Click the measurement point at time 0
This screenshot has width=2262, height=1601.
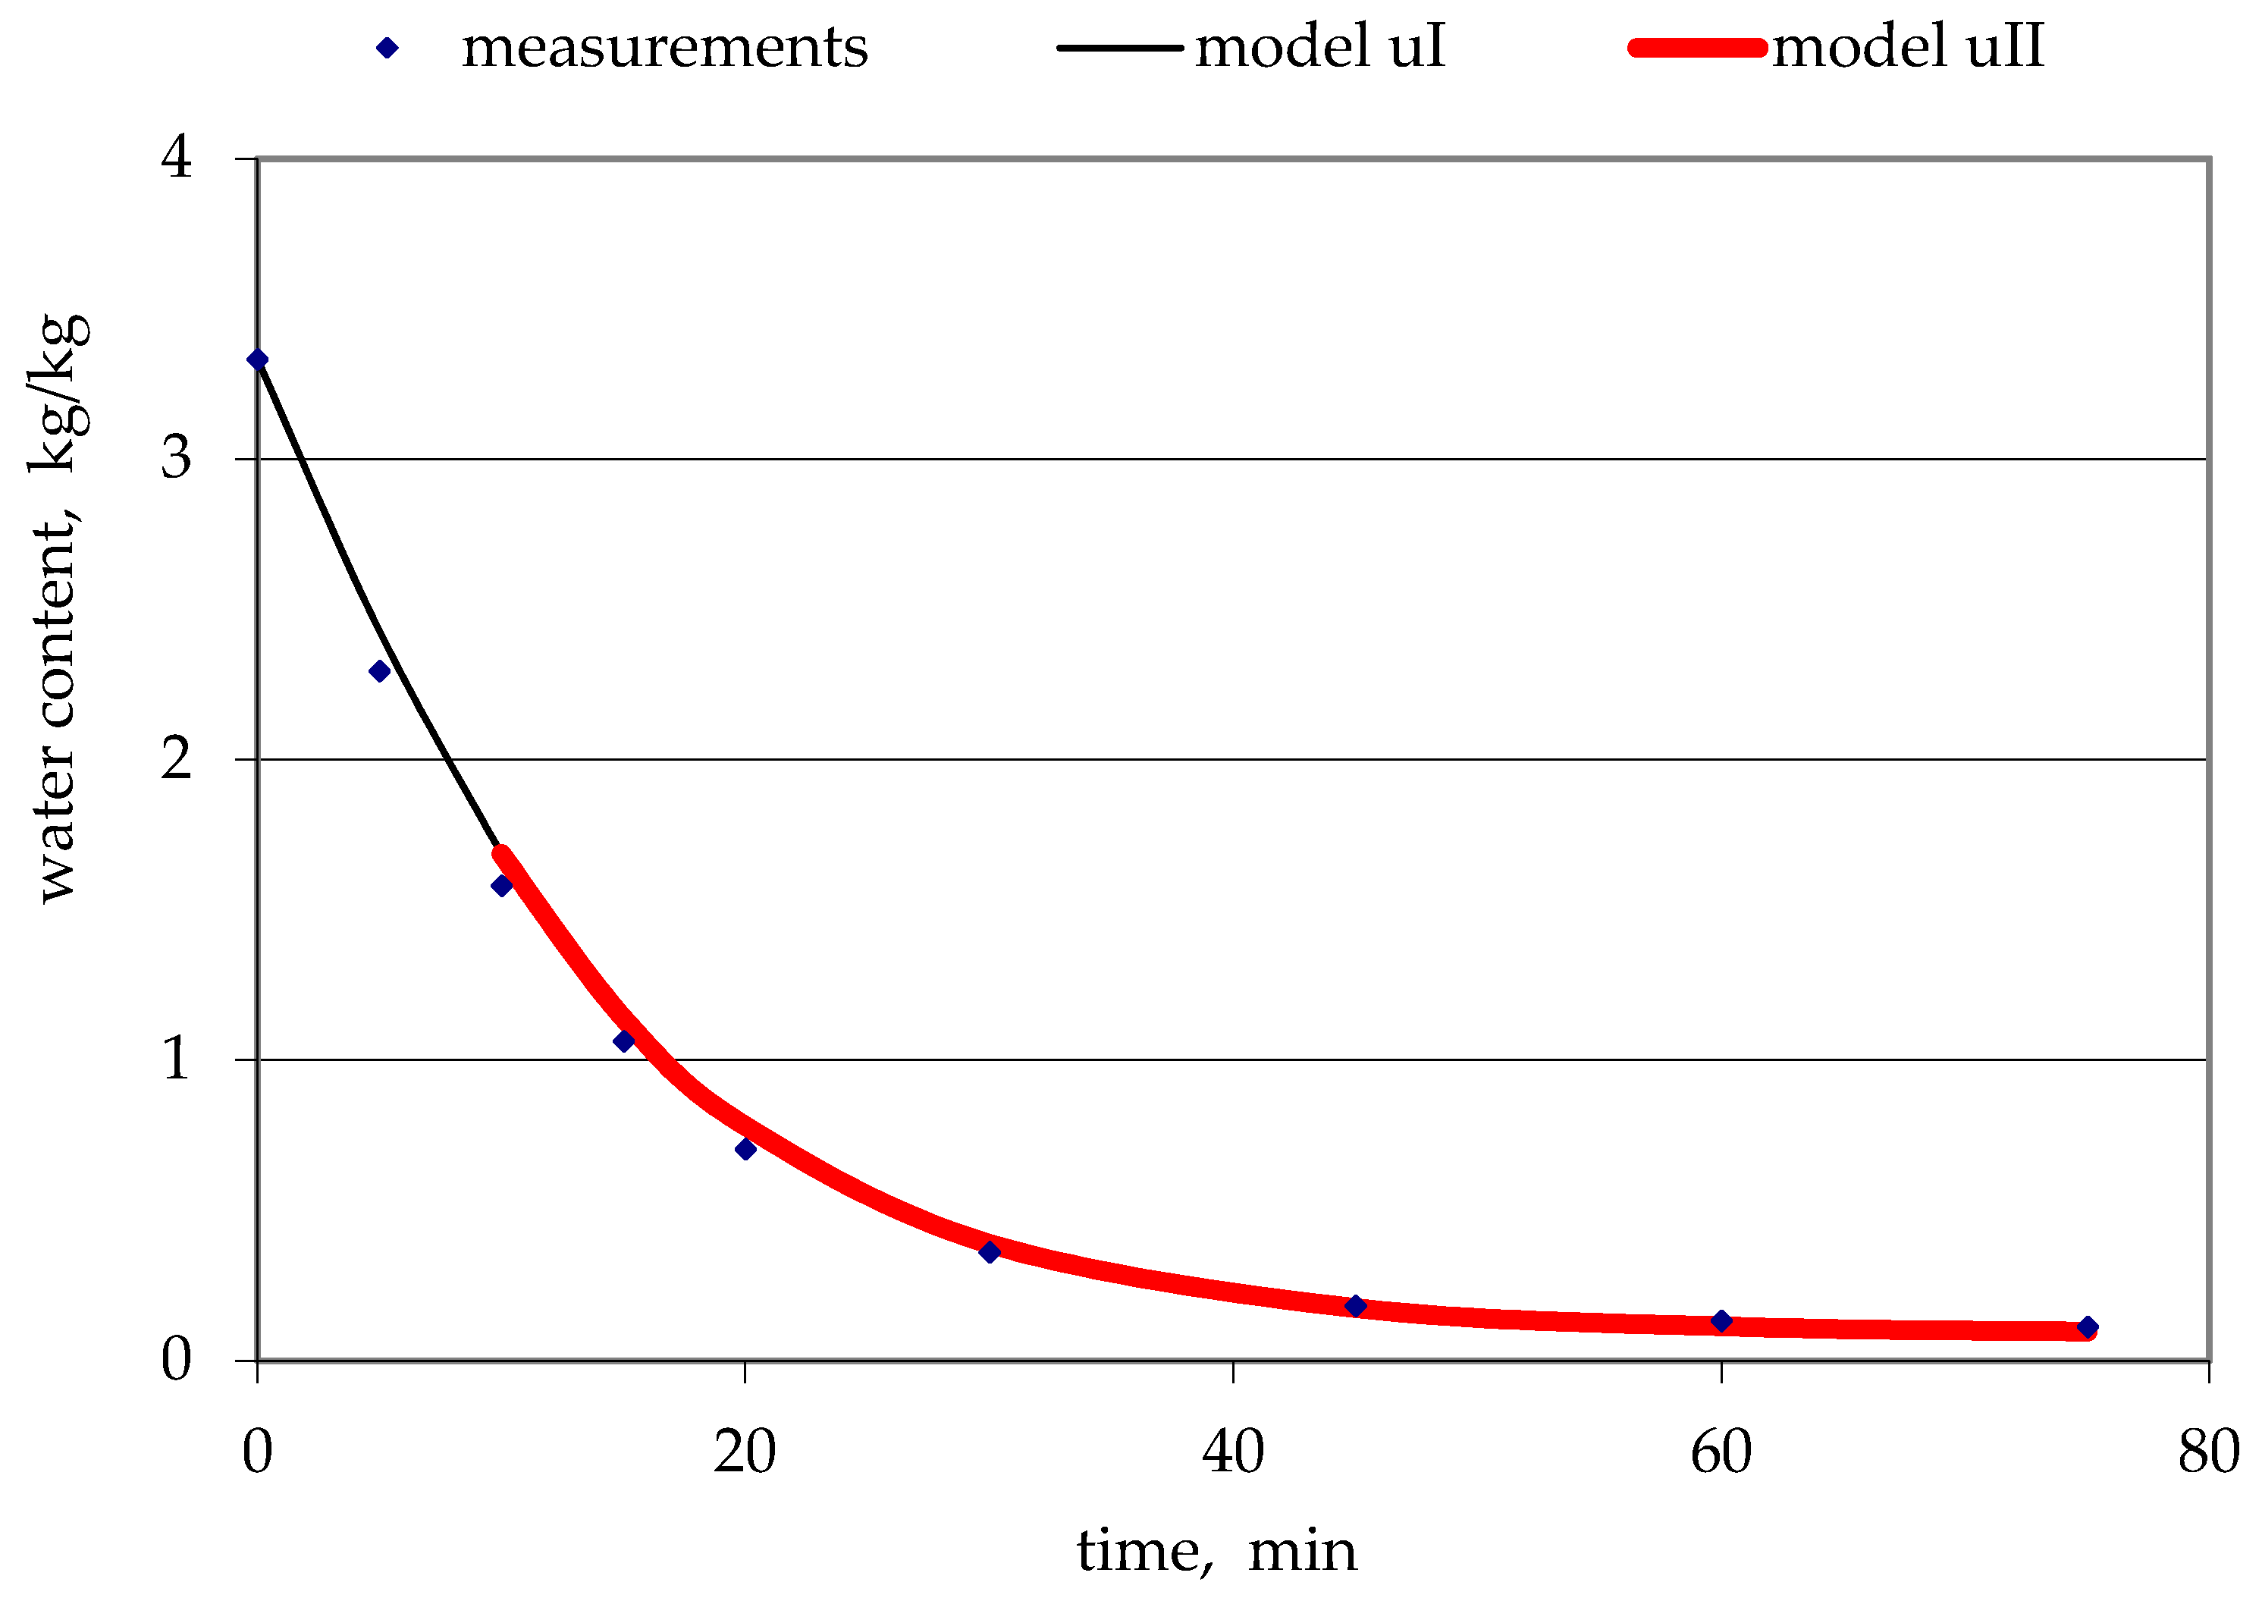pyautogui.click(x=257, y=359)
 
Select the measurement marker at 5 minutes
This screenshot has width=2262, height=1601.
pyautogui.click(x=379, y=671)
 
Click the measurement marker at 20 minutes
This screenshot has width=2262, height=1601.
pyautogui.click(x=746, y=1150)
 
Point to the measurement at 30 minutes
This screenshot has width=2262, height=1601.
pyautogui.click(x=990, y=1252)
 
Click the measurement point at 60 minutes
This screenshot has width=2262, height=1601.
pyautogui.click(x=1722, y=1321)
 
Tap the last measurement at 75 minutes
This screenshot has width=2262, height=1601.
pyautogui.click(x=2088, y=1328)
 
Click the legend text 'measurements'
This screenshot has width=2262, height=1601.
pyautogui.click(x=664, y=47)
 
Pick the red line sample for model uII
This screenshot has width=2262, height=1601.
pyautogui.click(x=1697, y=47)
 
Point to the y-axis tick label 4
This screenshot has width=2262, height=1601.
pyautogui.click(x=177, y=157)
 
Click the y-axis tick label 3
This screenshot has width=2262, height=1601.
pyautogui.click(x=177, y=458)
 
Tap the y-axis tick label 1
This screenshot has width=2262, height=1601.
pyautogui.click(x=177, y=1059)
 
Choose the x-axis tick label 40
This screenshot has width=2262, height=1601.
pyautogui.click(x=1233, y=1452)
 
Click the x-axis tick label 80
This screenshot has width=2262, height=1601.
pyautogui.click(x=2209, y=1452)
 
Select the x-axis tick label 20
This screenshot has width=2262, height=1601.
pyautogui.click(x=745, y=1452)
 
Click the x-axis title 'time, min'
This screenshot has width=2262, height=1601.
pyautogui.click(x=1216, y=1552)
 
